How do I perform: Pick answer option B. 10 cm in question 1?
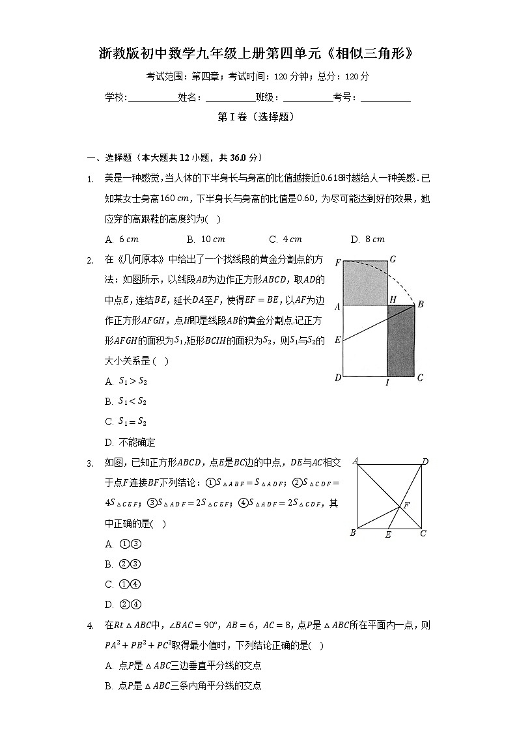(x=205, y=239)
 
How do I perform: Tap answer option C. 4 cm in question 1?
(x=285, y=239)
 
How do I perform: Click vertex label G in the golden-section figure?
(x=393, y=260)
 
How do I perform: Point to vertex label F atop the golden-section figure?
(x=337, y=262)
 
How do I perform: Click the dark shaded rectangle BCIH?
(x=400, y=340)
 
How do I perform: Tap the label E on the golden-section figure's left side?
(x=337, y=340)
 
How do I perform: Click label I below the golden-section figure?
(x=387, y=383)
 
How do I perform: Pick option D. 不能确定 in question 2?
(x=130, y=442)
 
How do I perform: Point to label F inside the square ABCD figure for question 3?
(x=407, y=505)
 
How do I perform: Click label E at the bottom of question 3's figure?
(x=388, y=535)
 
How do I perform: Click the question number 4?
(x=91, y=626)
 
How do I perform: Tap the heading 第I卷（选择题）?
(x=258, y=117)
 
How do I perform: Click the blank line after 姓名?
(x=230, y=98)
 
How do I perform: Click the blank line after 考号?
(x=385, y=98)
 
